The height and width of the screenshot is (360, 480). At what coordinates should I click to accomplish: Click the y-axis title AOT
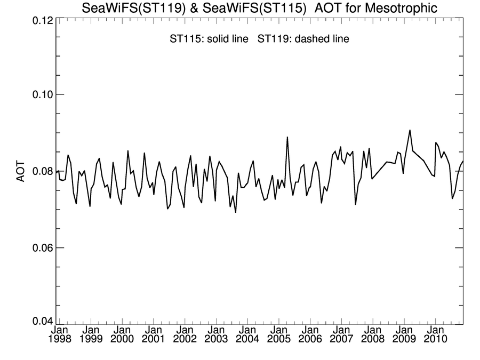[x=21, y=171]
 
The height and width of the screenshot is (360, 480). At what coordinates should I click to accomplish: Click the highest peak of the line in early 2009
[x=410, y=130]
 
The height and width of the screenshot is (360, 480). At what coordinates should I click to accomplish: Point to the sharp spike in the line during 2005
[x=287, y=137]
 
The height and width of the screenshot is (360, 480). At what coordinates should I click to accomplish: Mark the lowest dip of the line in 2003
[x=236, y=212]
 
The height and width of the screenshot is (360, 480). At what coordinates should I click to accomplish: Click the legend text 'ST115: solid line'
[x=210, y=39]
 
